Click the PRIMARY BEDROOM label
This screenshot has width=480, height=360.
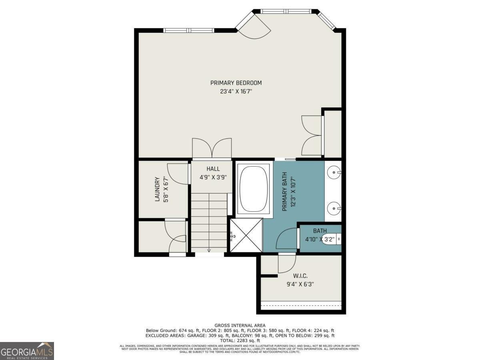tap(236, 83)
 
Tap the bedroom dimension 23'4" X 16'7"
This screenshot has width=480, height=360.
tap(236, 91)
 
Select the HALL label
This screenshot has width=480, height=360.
tap(213, 169)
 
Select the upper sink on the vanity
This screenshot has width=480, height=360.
tap(334, 173)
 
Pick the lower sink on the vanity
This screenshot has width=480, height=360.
tap(334, 208)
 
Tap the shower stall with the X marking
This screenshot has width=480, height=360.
tap(246, 235)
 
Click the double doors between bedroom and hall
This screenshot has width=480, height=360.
tap(212, 148)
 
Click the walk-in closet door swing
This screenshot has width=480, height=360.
tap(286, 263)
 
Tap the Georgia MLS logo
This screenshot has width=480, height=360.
tap(27, 351)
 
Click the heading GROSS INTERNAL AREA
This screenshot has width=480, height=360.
tap(240, 326)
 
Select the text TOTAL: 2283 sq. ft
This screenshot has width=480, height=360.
tap(240, 340)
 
